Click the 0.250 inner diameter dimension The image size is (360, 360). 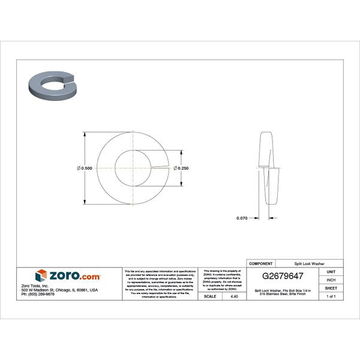click(182, 168)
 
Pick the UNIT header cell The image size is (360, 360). click(331, 272)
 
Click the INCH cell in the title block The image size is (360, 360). click(331, 280)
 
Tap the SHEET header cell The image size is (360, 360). click(331, 288)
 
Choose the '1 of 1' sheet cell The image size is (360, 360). click(331, 296)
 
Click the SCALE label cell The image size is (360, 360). click(211, 296)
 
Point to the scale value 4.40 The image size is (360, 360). click(233, 296)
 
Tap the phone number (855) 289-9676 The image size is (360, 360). click(37, 294)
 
